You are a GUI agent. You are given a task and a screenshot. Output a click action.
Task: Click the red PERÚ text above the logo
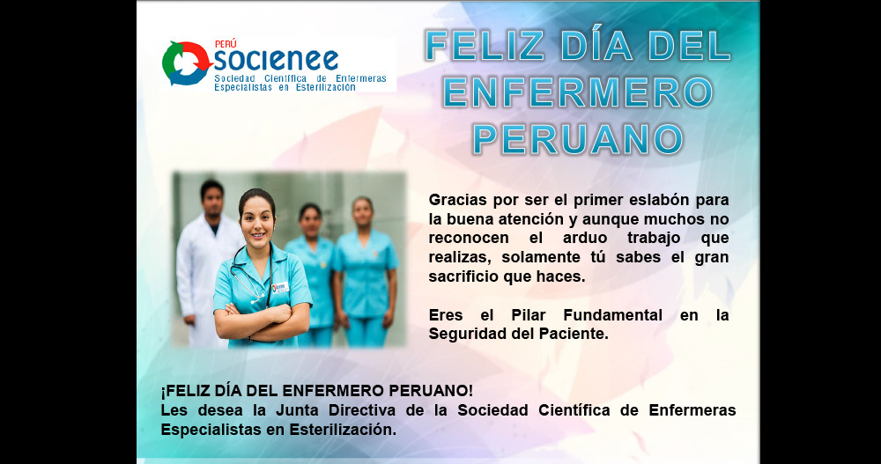coord(226,44)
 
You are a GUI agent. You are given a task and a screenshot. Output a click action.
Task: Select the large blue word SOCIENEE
coord(276,60)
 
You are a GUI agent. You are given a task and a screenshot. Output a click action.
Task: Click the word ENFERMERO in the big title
coord(578,92)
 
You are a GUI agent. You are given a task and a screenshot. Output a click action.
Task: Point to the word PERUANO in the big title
coord(578,139)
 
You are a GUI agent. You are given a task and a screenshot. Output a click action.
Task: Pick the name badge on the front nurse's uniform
coord(280,288)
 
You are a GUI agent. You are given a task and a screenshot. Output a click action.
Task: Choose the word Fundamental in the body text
coord(613,315)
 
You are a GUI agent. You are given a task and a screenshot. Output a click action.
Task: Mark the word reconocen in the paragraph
coord(469,239)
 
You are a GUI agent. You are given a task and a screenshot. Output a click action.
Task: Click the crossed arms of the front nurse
coord(262,322)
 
